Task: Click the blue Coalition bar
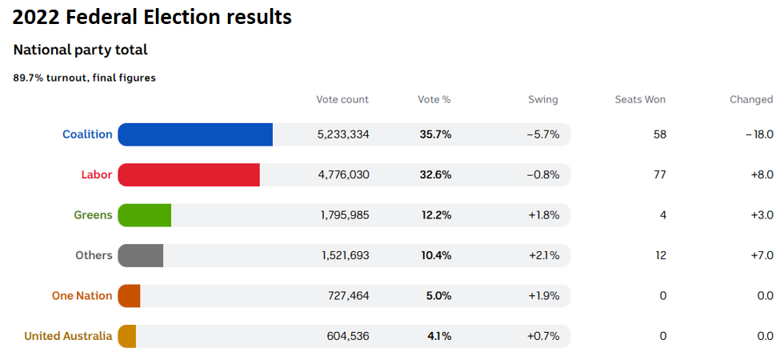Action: (195, 134)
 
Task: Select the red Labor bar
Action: (189, 174)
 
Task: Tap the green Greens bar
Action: (145, 215)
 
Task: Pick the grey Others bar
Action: (141, 255)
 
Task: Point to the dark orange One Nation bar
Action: (130, 296)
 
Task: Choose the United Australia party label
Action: (68, 336)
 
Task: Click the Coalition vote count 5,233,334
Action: (343, 134)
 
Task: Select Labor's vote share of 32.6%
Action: (435, 174)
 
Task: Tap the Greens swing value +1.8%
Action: (543, 215)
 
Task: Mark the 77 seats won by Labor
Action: (660, 174)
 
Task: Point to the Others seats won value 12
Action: (660, 255)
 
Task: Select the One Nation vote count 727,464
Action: (349, 296)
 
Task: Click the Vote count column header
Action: (342, 100)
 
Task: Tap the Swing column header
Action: (543, 100)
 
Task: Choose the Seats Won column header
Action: (640, 100)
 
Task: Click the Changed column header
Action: (751, 100)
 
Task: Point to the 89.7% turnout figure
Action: (28, 78)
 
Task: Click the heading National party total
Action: (80, 50)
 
